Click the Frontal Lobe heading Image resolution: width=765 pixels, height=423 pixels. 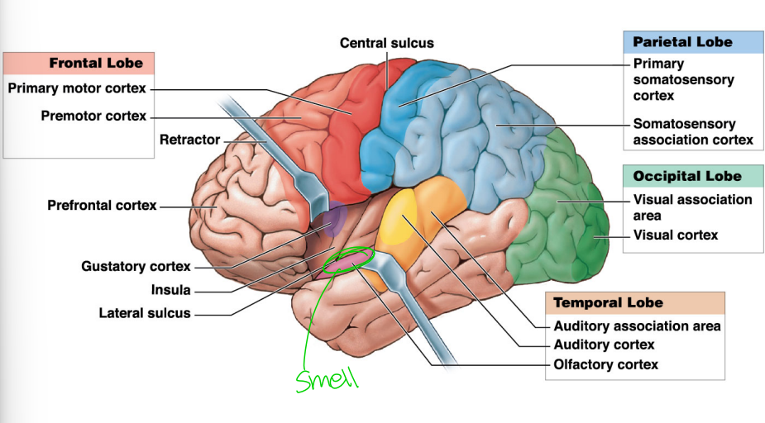click(95, 63)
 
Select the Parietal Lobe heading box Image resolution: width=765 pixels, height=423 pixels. click(681, 42)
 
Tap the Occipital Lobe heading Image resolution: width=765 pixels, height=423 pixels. click(686, 176)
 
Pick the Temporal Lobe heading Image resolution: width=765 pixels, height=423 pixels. click(608, 302)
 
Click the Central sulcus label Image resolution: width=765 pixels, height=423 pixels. click(386, 43)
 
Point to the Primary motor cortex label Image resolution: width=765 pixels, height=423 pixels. click(77, 88)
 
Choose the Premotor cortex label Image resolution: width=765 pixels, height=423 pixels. click(93, 116)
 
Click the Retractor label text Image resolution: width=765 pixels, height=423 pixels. click(189, 140)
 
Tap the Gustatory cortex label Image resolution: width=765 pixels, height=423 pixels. click(136, 266)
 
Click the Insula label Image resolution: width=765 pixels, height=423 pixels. click(170, 290)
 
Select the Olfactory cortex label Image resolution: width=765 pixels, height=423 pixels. click(605, 364)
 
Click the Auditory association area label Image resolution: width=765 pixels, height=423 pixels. click(637, 326)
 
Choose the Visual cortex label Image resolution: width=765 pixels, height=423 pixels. click(675, 235)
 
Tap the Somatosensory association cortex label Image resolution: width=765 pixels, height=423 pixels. click(692, 131)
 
